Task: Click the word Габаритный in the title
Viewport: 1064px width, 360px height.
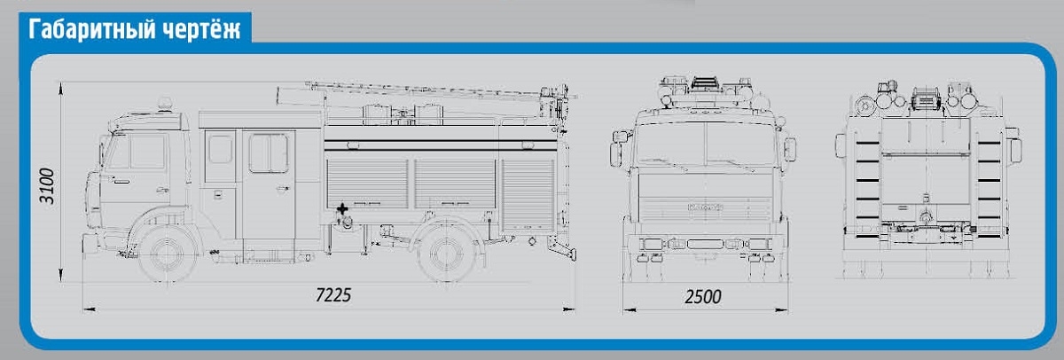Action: pos(92,29)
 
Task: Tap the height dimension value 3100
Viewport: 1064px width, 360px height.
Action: pos(47,185)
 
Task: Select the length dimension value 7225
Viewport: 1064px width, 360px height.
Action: pos(333,295)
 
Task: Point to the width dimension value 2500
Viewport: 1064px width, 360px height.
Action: pos(703,297)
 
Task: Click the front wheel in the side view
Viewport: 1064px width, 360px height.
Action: pos(168,253)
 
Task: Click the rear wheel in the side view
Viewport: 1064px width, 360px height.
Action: pos(445,253)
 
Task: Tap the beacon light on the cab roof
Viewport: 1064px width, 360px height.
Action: pos(165,105)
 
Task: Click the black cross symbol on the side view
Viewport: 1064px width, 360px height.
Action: pos(342,208)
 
